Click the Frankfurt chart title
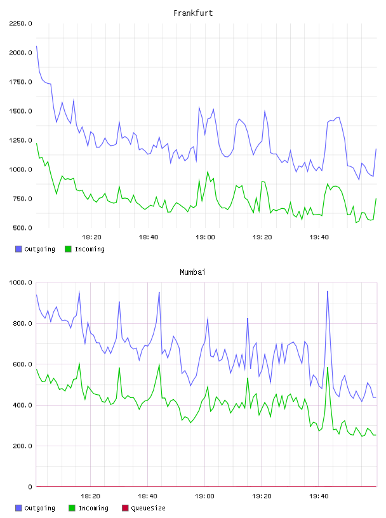(x=193, y=13)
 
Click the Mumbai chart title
(x=192, y=272)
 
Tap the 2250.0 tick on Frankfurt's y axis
(x=20, y=23)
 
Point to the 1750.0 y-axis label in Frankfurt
(x=20, y=82)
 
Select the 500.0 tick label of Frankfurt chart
(x=22, y=228)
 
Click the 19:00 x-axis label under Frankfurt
(x=205, y=237)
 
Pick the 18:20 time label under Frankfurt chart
(x=91, y=237)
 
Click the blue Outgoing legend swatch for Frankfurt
(x=18, y=249)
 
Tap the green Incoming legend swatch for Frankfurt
(x=68, y=249)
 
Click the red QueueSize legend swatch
(x=125, y=508)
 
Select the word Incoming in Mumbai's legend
(x=93, y=508)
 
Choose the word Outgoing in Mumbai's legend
(x=39, y=508)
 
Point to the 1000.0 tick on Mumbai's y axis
(x=20, y=282)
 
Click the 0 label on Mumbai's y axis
(x=30, y=487)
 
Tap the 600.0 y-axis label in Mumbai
(x=22, y=364)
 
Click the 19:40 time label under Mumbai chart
(x=319, y=496)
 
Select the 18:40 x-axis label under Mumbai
(x=147, y=496)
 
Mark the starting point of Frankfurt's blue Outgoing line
(x=36, y=46)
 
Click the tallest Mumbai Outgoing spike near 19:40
(x=328, y=291)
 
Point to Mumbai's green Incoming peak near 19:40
(x=328, y=367)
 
